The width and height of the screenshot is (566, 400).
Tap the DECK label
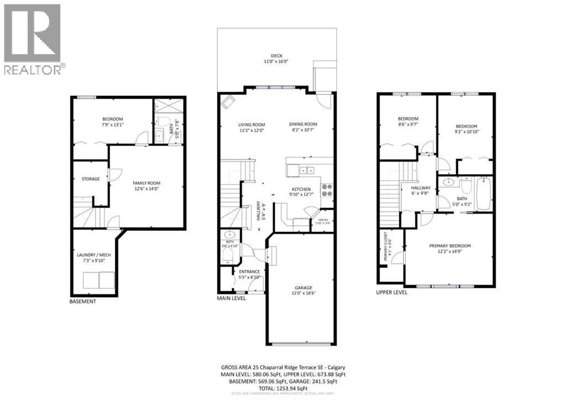(276, 56)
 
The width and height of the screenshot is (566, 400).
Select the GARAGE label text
(303, 288)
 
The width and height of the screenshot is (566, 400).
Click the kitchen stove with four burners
(327, 190)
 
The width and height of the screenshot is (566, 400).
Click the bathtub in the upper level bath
(484, 193)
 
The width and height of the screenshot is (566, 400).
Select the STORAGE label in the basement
(91, 179)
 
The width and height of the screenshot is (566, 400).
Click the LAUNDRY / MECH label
(93, 254)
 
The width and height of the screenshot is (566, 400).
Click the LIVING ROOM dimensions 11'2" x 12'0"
(251, 131)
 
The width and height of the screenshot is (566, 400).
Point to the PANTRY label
(323, 220)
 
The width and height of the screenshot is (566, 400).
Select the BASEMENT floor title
(83, 302)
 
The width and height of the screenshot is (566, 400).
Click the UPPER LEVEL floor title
(391, 292)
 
